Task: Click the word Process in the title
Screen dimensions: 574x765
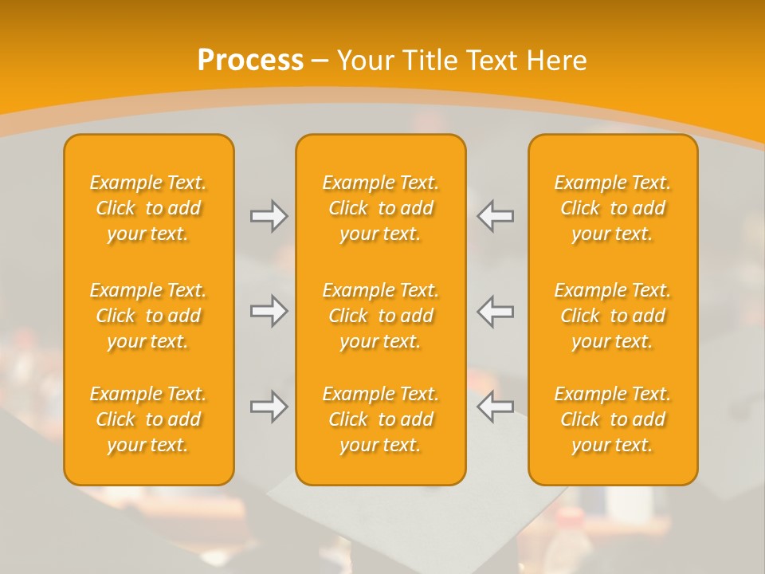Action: coord(250,61)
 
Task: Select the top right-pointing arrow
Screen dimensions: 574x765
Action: coord(269,216)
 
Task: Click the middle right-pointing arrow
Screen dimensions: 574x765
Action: coord(269,312)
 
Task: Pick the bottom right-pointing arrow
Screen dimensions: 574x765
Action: coord(269,407)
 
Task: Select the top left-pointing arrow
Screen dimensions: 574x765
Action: coord(496,216)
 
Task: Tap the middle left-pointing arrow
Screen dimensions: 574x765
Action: coord(496,312)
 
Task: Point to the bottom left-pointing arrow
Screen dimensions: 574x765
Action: coord(496,407)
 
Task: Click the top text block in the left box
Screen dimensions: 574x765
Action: coord(148,208)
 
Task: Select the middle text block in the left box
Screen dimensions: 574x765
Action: coord(148,316)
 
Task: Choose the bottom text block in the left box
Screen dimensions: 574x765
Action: coord(148,419)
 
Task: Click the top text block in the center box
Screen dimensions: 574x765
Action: coord(380,208)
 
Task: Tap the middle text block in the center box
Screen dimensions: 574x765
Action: coord(380,316)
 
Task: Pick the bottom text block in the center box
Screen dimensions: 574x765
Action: coord(380,419)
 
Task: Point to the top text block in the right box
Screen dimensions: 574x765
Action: coord(613,208)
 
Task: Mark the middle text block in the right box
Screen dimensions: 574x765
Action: coord(613,316)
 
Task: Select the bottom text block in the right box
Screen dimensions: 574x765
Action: coord(613,419)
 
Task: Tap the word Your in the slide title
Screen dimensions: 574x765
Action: coord(366,61)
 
